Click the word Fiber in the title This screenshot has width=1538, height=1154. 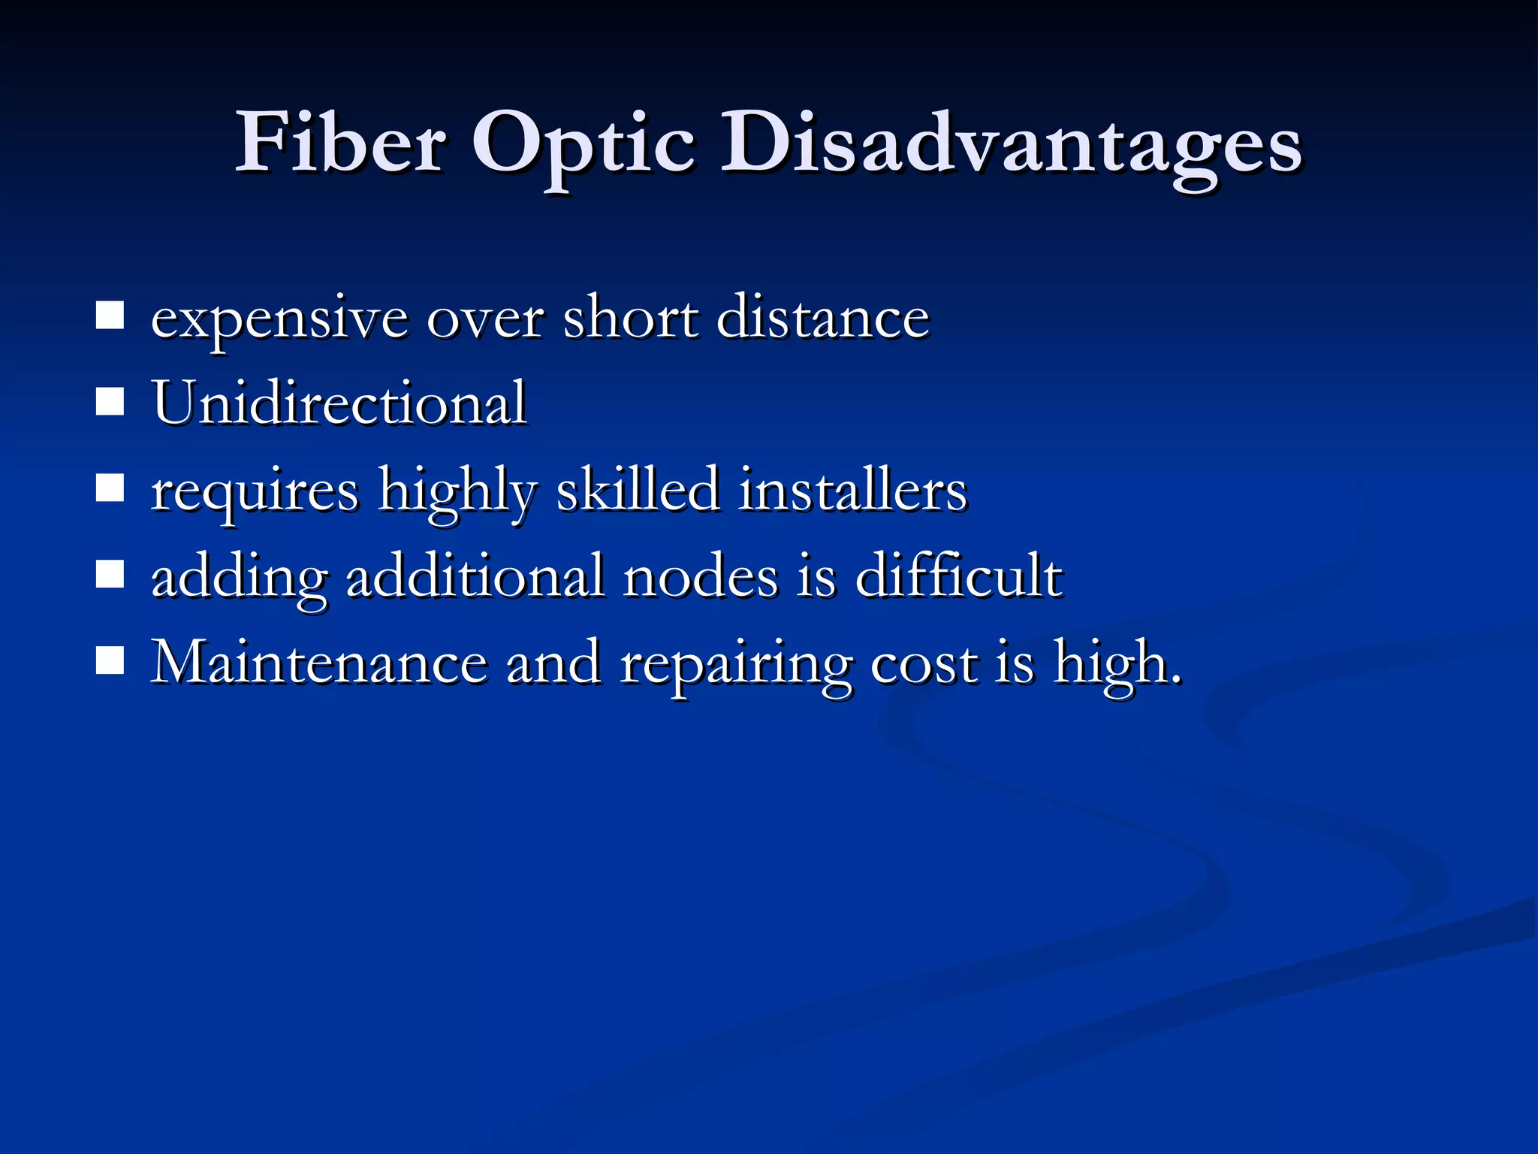342,143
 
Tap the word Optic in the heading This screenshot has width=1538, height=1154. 583,147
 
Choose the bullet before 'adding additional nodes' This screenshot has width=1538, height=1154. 110,575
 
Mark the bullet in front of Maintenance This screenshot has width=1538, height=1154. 110,662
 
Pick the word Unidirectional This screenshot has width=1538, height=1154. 339,403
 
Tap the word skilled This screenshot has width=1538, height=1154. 638,490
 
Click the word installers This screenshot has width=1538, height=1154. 853,490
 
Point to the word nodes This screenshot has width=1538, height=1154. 700,577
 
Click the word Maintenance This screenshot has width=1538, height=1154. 319,663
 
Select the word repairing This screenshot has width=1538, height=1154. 736,666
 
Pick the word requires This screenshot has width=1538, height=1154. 255,493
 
